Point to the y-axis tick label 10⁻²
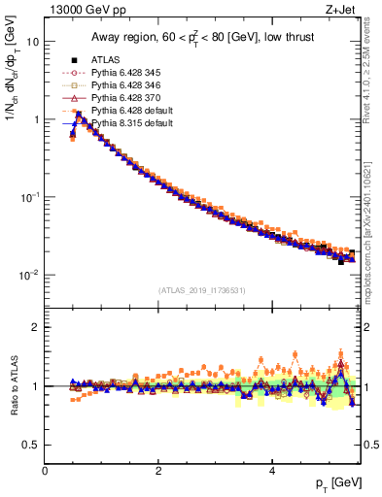30,275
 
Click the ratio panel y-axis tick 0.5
31,445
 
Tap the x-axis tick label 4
272,470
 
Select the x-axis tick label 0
45,470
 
